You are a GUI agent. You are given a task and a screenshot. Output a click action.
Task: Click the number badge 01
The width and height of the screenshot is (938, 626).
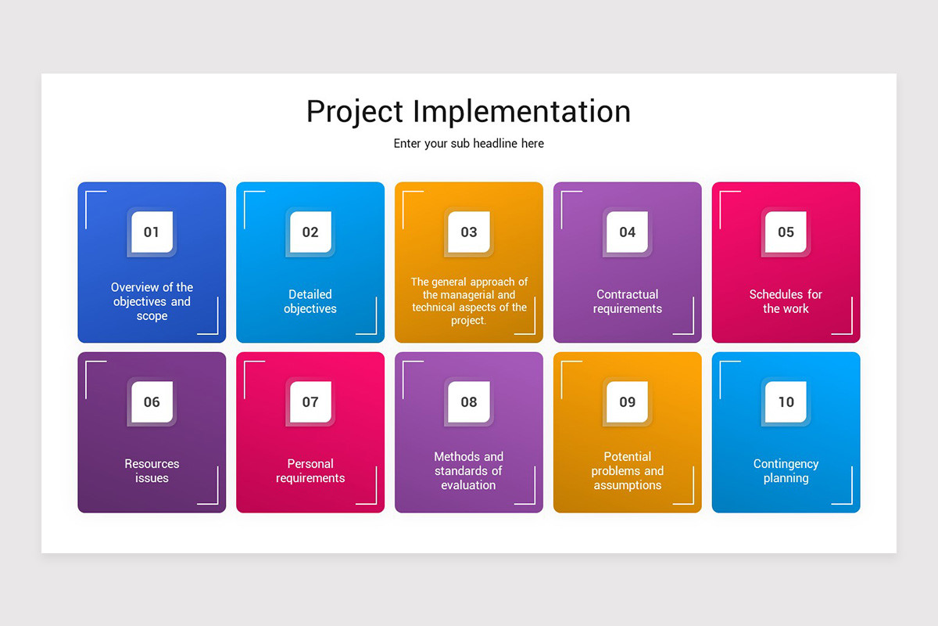pyautogui.click(x=152, y=232)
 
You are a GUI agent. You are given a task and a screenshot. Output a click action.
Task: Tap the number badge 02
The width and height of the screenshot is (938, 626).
pyautogui.click(x=310, y=232)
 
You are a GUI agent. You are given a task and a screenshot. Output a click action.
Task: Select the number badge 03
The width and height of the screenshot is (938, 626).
pyautogui.click(x=469, y=232)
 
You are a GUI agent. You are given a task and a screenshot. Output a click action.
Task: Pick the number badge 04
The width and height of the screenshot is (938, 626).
pyautogui.click(x=628, y=232)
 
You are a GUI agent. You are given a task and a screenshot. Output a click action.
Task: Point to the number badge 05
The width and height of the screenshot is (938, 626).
pyautogui.click(x=786, y=232)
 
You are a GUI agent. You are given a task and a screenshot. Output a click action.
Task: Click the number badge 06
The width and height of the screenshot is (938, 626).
pyautogui.click(x=152, y=401)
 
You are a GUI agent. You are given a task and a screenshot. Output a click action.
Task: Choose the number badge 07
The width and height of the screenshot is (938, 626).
pyautogui.click(x=310, y=401)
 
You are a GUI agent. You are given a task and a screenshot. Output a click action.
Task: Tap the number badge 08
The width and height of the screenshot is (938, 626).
pyautogui.click(x=469, y=401)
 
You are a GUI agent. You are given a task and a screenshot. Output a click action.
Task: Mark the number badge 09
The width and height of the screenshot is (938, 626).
pyautogui.click(x=628, y=401)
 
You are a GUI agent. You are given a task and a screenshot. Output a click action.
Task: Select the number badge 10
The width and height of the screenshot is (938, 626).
pyautogui.click(x=786, y=401)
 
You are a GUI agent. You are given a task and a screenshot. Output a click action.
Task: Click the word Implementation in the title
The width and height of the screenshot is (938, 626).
pyautogui.click(x=521, y=112)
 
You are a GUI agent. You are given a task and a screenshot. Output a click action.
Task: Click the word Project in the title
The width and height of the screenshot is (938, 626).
pyautogui.click(x=354, y=112)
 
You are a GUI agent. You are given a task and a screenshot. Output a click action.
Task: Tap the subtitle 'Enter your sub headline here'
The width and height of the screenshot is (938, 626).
pyautogui.click(x=468, y=144)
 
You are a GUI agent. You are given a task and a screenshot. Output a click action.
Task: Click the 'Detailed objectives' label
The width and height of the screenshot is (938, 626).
pyautogui.click(x=310, y=301)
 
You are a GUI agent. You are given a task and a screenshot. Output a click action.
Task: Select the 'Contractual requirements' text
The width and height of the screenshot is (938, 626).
pyautogui.click(x=628, y=301)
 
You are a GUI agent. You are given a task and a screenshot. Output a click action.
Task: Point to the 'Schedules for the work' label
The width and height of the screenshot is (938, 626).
pyautogui.click(x=786, y=301)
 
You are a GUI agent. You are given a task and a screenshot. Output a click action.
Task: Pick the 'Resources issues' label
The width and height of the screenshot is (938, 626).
pyautogui.click(x=152, y=471)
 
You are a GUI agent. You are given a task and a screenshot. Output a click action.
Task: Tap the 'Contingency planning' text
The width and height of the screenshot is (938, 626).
pyautogui.click(x=786, y=471)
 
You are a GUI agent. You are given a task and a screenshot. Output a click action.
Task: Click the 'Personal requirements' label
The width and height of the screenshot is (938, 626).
pyautogui.click(x=310, y=471)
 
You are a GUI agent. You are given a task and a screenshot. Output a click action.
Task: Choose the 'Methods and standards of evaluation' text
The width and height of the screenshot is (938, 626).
pyautogui.click(x=469, y=471)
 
